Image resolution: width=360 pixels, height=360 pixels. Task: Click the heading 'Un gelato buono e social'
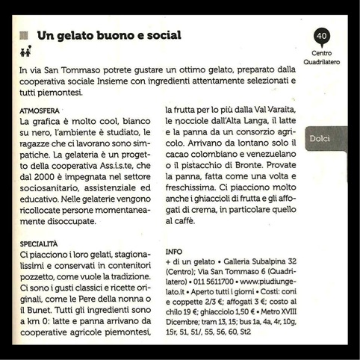[109, 36]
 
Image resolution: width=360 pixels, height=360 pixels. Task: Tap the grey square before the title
[24, 36]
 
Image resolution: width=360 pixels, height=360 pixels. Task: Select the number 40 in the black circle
[321, 36]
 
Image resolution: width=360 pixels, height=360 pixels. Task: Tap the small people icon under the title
[25, 52]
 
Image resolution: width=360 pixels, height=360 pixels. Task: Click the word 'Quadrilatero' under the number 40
[322, 62]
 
